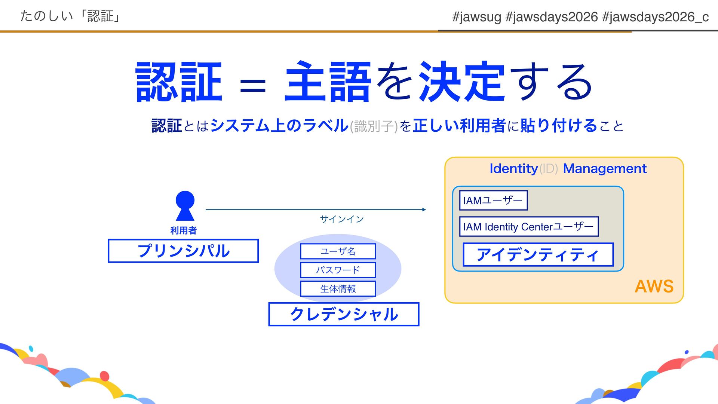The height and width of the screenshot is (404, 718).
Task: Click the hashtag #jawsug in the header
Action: click(476, 17)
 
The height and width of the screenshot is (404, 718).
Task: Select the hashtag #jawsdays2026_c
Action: click(656, 17)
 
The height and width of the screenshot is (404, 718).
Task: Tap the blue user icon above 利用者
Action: click(185, 206)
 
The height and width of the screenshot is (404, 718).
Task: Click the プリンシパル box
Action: click(183, 251)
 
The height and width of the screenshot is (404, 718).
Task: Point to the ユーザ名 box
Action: click(338, 251)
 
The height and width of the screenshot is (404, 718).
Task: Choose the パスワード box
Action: click(338, 270)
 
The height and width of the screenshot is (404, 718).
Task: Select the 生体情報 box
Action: click(338, 288)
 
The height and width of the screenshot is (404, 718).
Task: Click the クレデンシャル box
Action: click(344, 314)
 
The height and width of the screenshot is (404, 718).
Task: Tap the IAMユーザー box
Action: click(493, 201)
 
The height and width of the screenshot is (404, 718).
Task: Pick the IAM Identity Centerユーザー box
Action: click(529, 227)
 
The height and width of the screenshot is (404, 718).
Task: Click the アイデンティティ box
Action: click(538, 255)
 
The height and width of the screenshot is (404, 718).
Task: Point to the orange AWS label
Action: click(654, 287)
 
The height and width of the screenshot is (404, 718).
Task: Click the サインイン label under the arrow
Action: click(342, 219)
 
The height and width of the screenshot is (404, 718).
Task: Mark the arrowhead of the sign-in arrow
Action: click(424, 209)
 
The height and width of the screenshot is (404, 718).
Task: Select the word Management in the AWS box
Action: click(605, 169)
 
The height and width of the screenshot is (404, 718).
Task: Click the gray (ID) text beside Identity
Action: click(549, 169)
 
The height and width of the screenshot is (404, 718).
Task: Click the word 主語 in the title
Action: click(328, 82)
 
